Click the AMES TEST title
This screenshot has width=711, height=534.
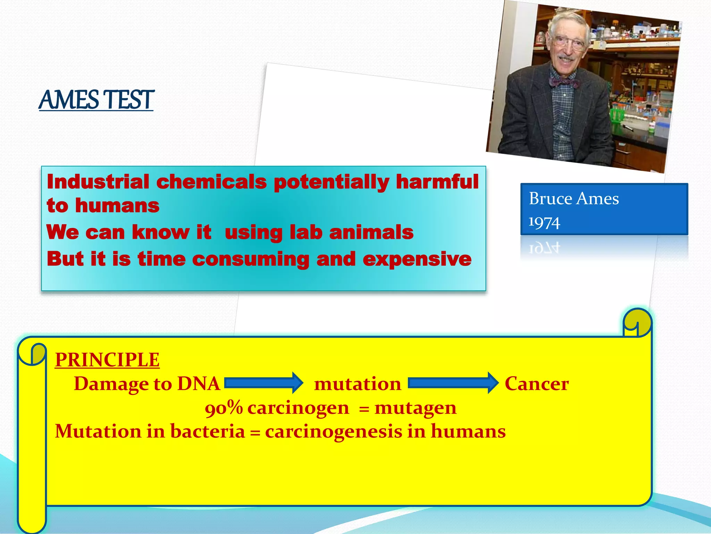click(96, 100)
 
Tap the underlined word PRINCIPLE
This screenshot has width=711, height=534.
click(107, 360)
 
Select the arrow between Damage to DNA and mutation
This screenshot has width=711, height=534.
click(264, 383)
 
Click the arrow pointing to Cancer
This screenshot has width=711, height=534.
click(453, 383)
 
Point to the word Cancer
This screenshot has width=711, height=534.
click(536, 384)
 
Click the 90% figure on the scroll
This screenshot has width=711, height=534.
click(224, 408)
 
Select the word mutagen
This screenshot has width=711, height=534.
click(415, 408)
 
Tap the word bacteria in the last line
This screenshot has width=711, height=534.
click(207, 431)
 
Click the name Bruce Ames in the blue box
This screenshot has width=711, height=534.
click(574, 199)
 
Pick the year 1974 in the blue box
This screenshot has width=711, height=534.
click(544, 222)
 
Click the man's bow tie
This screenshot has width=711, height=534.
click(564, 83)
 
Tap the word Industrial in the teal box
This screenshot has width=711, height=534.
click(98, 182)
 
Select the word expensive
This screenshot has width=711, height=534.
click(417, 259)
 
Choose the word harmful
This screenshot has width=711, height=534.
click(437, 182)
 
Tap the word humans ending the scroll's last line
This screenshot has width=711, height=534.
click(468, 431)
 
